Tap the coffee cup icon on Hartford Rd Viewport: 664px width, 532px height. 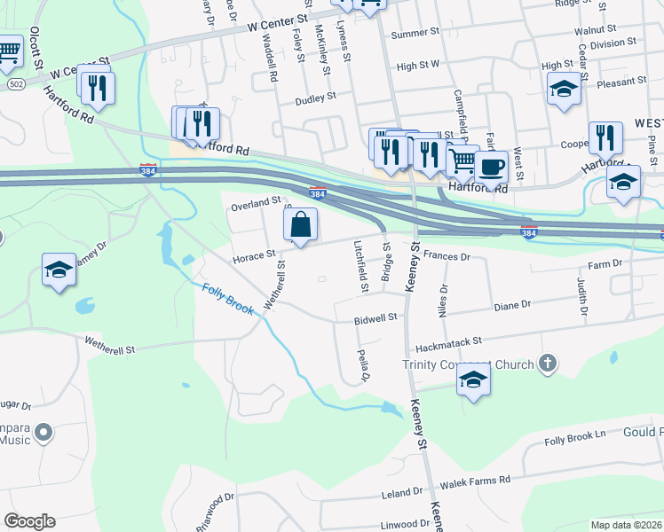click(x=490, y=166)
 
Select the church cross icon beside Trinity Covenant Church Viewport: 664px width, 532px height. click(x=549, y=363)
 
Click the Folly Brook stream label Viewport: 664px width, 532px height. click(x=228, y=300)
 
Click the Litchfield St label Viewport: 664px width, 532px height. click(x=362, y=267)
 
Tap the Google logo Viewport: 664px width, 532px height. click(x=29, y=521)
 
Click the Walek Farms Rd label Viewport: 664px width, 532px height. click(x=479, y=480)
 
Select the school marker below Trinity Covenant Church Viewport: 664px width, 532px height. click(x=474, y=381)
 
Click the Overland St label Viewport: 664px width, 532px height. click(x=256, y=202)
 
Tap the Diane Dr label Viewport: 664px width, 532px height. click(x=512, y=304)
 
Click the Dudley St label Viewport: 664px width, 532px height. click(x=316, y=98)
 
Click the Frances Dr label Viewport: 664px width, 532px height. click(x=446, y=255)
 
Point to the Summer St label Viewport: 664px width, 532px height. click(x=415, y=34)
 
